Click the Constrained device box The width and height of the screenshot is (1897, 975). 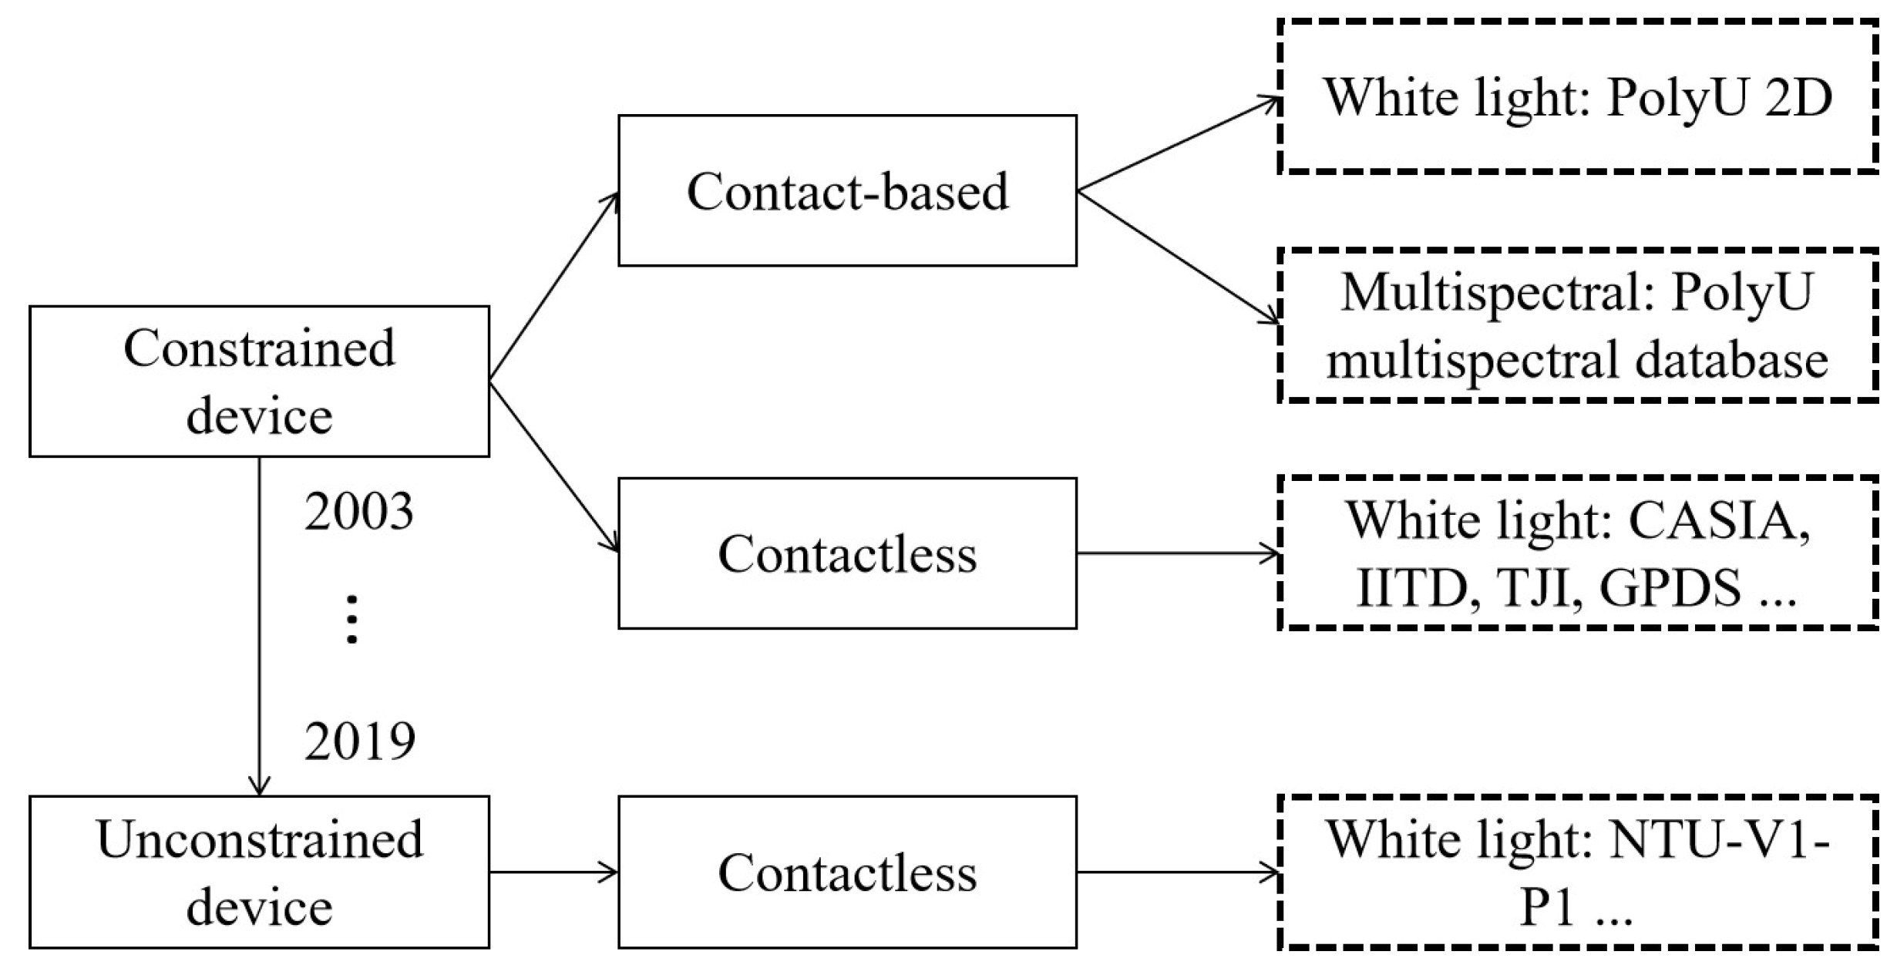coord(259,382)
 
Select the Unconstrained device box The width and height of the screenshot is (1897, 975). coord(259,872)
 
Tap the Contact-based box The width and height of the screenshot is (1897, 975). coord(847,190)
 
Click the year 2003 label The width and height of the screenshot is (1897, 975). coord(358,512)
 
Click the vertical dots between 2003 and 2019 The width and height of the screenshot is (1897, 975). coord(352,620)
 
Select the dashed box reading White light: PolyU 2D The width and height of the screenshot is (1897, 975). coord(1577,97)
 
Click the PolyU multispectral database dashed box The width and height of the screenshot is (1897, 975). coord(1577,325)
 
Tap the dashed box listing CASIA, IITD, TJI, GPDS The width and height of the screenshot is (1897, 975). coord(1577,553)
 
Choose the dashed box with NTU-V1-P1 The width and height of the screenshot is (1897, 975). coord(1577,872)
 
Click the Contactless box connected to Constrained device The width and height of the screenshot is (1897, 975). coord(847,553)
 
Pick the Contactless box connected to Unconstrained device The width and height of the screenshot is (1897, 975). coord(847,872)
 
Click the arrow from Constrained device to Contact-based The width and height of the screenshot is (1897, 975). coord(553,287)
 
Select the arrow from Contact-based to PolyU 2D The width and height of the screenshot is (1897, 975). coord(1178,144)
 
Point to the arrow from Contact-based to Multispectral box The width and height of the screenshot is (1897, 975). coord(1178,257)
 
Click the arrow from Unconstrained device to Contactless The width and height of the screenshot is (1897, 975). coord(553,872)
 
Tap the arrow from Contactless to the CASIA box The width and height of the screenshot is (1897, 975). coord(1178,553)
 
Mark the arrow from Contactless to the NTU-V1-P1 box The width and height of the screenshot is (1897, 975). coord(1178,872)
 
